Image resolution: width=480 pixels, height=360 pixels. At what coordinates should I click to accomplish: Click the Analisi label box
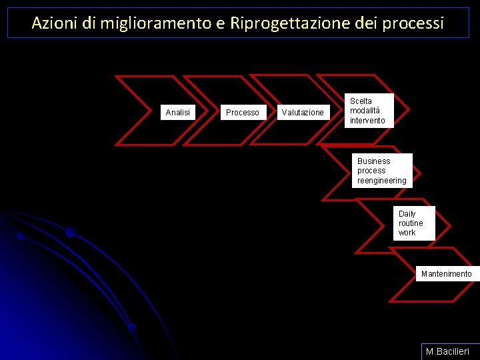pos(177,113)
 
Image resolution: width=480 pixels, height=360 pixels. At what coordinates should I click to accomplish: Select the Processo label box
pos(242,113)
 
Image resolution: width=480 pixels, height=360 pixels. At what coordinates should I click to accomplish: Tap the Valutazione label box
pos(303,113)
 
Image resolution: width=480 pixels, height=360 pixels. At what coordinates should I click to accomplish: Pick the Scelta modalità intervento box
pos(369,111)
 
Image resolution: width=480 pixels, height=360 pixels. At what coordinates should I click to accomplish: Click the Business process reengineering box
pos(382,171)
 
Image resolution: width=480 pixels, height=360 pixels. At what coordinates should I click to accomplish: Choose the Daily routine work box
pos(414,223)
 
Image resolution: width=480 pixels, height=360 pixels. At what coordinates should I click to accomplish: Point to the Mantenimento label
pos(446,274)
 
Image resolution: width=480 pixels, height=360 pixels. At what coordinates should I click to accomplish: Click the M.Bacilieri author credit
pos(448,351)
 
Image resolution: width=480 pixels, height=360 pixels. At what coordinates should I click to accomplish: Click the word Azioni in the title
pos(55,23)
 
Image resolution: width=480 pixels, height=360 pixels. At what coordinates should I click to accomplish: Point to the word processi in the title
pos(418,23)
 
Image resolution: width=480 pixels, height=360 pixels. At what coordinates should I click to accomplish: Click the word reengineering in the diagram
pos(382,181)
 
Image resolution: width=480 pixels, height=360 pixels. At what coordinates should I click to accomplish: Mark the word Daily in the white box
pos(407,214)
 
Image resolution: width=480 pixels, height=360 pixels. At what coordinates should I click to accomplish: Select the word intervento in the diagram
pos(367,121)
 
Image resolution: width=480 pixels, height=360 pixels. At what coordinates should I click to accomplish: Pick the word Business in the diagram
pos(374,161)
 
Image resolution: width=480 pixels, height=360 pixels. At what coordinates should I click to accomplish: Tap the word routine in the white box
pos(411,223)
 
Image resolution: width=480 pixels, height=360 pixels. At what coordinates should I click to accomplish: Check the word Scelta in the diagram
pos(361,101)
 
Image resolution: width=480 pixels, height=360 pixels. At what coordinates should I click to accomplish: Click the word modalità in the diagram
pos(365,111)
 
